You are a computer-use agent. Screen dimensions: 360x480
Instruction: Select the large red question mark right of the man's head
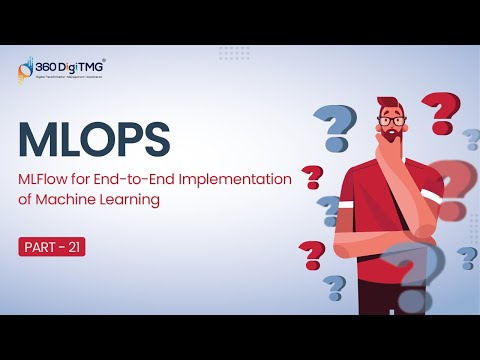[437, 111]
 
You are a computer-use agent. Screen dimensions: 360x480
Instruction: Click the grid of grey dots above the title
[235, 51]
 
